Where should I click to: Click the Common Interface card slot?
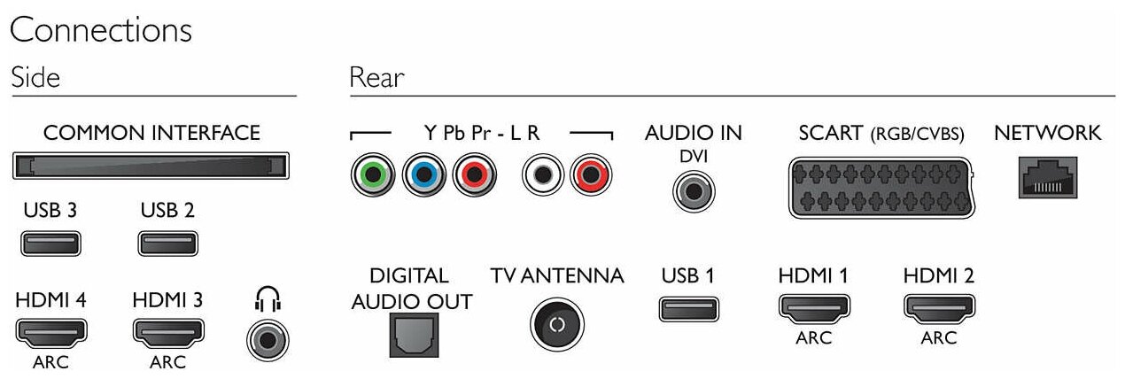click(x=151, y=166)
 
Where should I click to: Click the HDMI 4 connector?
click(x=50, y=333)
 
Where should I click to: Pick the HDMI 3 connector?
click(x=167, y=333)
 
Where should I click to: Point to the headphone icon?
click(x=267, y=302)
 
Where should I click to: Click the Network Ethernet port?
click(x=1048, y=177)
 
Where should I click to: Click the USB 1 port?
click(x=688, y=309)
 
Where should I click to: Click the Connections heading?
click(x=100, y=30)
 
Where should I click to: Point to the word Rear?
click(x=376, y=78)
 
